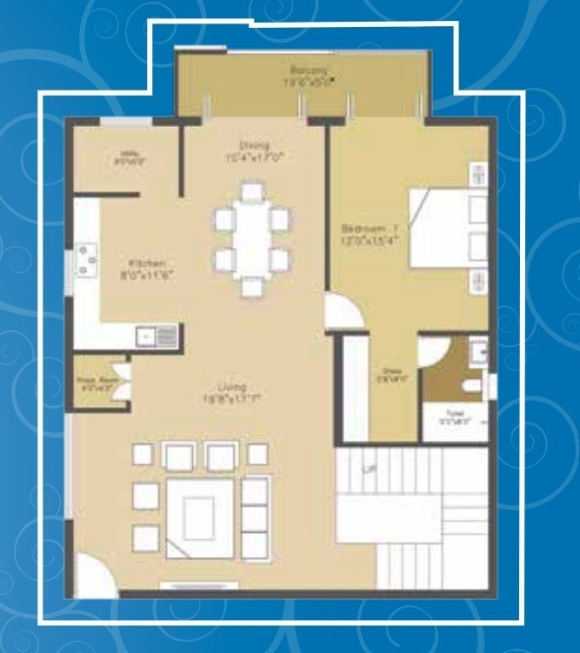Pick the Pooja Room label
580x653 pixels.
(x=90, y=381)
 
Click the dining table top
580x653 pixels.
(x=252, y=236)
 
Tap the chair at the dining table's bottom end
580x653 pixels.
(x=252, y=286)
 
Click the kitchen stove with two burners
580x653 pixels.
(x=86, y=258)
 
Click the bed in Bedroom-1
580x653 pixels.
(x=448, y=228)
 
